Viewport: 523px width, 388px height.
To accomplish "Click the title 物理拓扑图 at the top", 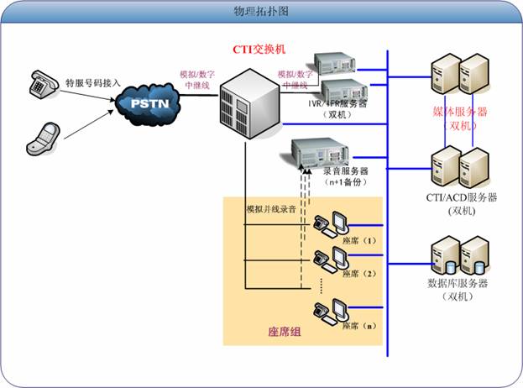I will click(261, 12).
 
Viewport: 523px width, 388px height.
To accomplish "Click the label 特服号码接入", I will click(93, 83).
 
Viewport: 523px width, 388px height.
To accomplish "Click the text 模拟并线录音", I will click(270, 207).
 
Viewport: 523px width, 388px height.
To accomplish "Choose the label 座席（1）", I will click(356, 240).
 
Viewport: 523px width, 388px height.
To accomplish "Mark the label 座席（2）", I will click(356, 274).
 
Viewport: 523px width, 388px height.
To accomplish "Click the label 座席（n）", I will click(356, 323).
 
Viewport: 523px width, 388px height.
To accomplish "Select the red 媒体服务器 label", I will click(460, 111).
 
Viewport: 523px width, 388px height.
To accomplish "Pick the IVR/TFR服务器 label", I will click(338, 103).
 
